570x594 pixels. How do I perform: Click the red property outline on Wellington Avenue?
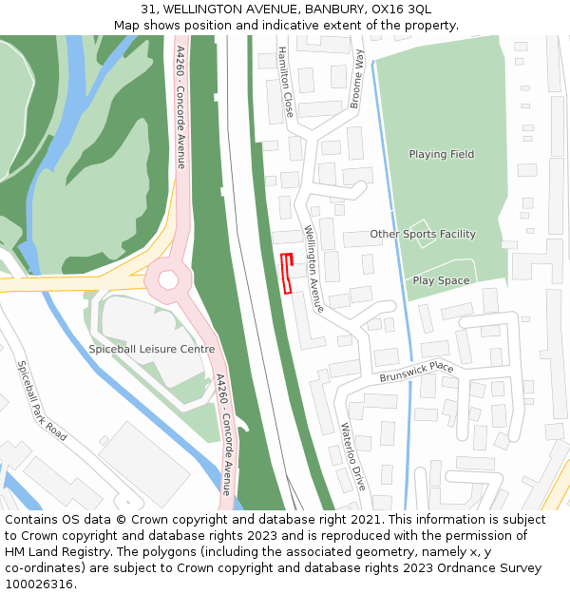pyautogui.click(x=287, y=275)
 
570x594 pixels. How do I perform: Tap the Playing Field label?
pyautogui.click(x=441, y=154)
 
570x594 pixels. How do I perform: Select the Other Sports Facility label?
pyautogui.click(x=423, y=234)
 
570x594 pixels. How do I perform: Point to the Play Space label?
pyautogui.click(x=441, y=280)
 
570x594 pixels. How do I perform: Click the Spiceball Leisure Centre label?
pyautogui.click(x=151, y=349)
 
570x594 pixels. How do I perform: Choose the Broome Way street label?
pyautogui.click(x=357, y=79)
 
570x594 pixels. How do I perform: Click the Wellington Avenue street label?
pyautogui.click(x=314, y=269)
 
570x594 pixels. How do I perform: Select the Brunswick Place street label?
pyautogui.click(x=417, y=372)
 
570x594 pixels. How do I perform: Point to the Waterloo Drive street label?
pyautogui.click(x=352, y=456)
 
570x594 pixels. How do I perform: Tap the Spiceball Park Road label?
pyautogui.click(x=42, y=400)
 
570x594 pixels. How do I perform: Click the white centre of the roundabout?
pyautogui.click(x=169, y=279)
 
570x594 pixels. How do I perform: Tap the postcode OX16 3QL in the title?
pyautogui.click(x=401, y=10)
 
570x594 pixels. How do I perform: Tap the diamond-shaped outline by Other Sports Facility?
pyautogui.click(x=424, y=235)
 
